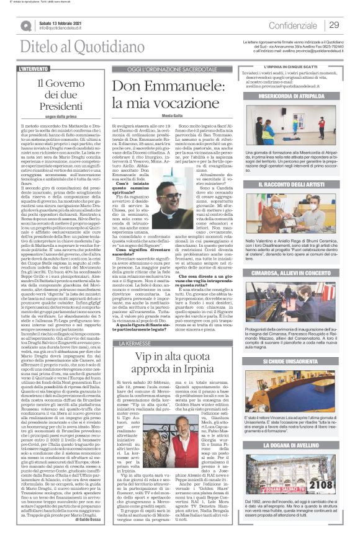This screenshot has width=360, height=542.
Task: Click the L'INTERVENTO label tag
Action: point(34,68)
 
